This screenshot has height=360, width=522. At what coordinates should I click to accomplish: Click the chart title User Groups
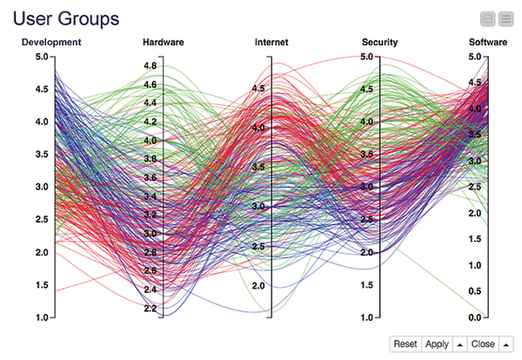[66, 17]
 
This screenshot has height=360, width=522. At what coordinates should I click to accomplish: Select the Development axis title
[51, 42]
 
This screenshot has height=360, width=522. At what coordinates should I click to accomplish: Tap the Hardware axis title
[164, 42]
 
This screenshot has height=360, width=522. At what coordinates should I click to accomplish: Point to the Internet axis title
[271, 42]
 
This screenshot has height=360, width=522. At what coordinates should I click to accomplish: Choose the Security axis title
[379, 42]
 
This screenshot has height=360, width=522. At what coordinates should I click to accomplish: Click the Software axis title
[488, 42]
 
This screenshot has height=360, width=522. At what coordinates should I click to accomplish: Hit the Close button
[483, 344]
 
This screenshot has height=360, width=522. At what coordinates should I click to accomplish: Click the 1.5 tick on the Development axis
[42, 285]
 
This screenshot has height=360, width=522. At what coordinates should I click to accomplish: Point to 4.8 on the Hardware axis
[150, 66]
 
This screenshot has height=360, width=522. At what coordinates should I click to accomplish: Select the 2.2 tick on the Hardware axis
[150, 309]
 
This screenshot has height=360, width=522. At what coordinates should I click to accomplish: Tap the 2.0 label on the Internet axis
[259, 286]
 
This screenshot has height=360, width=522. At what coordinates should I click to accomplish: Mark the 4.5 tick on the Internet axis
[259, 89]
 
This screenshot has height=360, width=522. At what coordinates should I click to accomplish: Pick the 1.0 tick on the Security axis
[368, 318]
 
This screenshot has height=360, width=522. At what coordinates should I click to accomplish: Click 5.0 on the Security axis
[368, 57]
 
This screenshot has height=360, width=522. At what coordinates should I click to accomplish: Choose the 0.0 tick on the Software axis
[475, 318]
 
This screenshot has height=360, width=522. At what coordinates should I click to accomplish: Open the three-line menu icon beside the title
[505, 17]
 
